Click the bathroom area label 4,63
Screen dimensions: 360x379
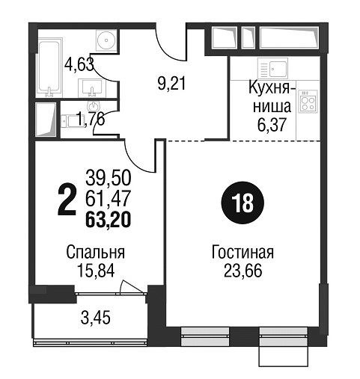click(x=79, y=64)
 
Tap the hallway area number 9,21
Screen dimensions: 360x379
click(x=172, y=83)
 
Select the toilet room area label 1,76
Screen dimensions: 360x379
click(x=91, y=119)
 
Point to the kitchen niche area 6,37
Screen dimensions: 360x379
click(x=272, y=124)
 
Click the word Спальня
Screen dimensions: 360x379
click(x=96, y=253)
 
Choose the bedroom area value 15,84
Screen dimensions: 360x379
click(x=96, y=271)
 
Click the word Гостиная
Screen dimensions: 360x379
click(x=242, y=252)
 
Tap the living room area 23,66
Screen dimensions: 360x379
click(x=242, y=271)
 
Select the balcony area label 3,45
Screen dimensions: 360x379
click(x=95, y=318)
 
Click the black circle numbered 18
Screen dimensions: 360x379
click(x=242, y=203)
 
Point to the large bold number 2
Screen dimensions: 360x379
click(x=67, y=199)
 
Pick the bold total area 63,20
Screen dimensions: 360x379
click(x=108, y=220)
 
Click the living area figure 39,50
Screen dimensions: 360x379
click(x=109, y=178)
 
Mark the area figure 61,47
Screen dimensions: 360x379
click(x=108, y=199)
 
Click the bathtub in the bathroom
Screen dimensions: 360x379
click(x=49, y=67)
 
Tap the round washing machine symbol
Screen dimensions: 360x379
click(x=106, y=40)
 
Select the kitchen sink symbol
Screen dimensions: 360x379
click(x=273, y=68)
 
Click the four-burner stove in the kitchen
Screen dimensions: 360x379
click(x=308, y=101)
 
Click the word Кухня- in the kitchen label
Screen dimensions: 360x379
click(x=269, y=88)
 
